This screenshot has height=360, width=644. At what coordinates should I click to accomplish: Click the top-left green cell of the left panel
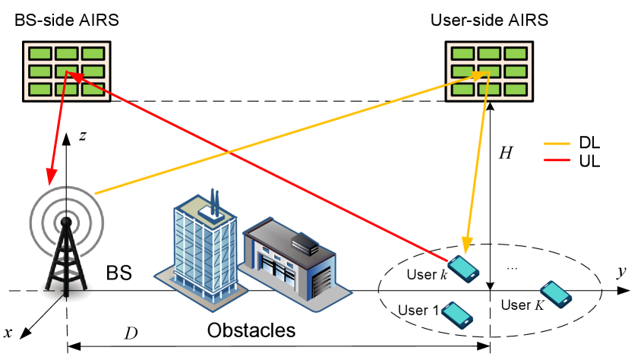(x=40, y=54)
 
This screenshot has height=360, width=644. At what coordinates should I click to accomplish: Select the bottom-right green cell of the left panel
(x=93, y=89)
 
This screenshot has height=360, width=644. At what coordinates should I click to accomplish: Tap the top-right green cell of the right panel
(x=515, y=54)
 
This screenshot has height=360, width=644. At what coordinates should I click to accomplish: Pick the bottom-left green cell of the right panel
(x=463, y=89)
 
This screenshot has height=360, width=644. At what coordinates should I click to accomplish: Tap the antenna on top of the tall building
(x=214, y=202)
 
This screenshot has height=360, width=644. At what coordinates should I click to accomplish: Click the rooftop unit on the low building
(x=305, y=243)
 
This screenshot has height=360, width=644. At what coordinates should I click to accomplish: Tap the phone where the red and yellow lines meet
(x=463, y=268)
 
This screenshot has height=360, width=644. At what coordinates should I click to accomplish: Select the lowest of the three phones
(x=456, y=314)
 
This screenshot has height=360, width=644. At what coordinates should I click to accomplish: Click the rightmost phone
(x=555, y=294)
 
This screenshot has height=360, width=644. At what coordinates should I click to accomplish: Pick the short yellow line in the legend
(x=557, y=144)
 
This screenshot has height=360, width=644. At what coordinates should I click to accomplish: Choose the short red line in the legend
(x=557, y=160)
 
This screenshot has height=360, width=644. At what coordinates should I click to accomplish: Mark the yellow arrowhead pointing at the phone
(x=466, y=247)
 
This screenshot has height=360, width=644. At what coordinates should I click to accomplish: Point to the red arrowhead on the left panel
(x=74, y=76)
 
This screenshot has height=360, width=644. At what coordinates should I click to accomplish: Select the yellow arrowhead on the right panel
(x=482, y=74)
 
